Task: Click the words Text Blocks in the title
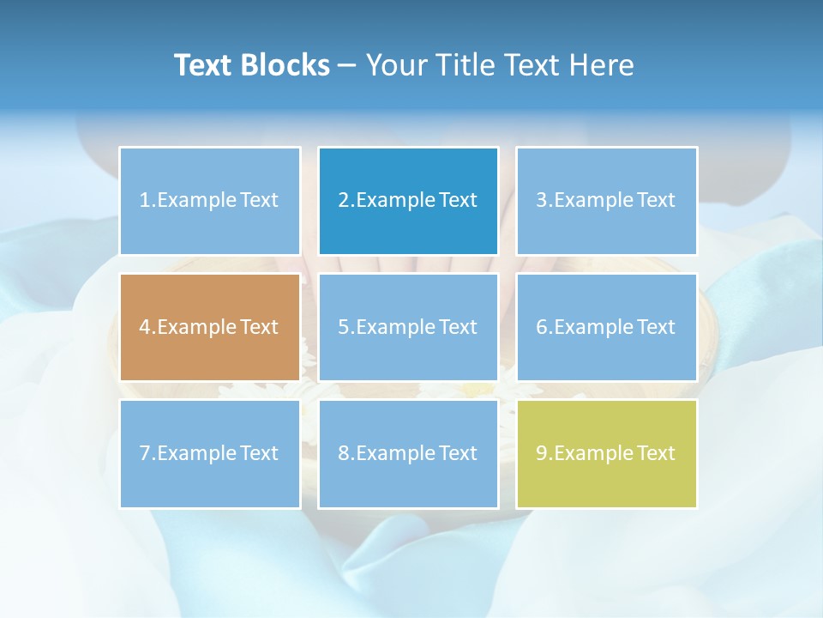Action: point(251,65)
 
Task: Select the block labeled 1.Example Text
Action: point(209,201)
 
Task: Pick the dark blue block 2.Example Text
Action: point(408,201)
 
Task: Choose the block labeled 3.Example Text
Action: point(606,201)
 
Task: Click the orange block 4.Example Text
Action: point(209,327)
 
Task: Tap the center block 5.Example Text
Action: point(408,327)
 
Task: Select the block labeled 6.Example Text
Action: point(606,327)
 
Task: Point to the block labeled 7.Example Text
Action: point(209,453)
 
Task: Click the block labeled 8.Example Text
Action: point(408,453)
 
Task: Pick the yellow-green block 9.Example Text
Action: point(606,453)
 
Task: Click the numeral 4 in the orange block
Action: point(145,327)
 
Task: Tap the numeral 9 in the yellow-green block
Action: point(542,453)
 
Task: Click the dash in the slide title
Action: point(347,65)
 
